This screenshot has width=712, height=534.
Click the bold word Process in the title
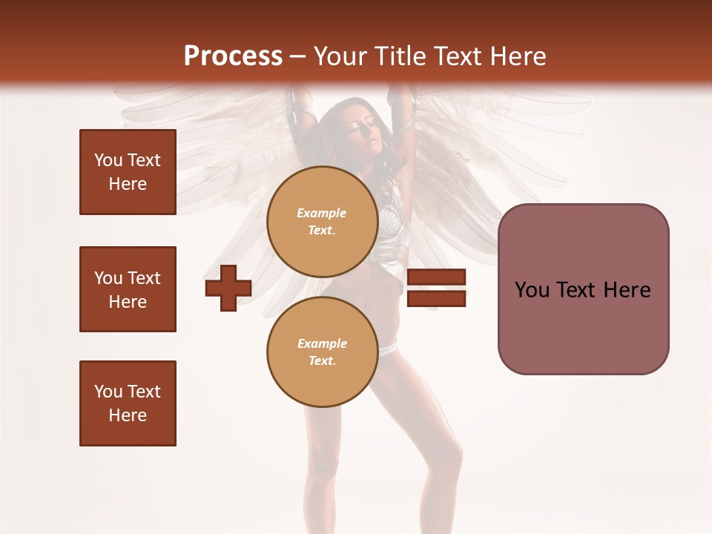pos(233,56)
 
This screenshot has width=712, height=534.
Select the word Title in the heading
pos(400,56)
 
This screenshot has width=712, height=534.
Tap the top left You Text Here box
pos(128,172)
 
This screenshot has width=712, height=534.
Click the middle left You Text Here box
pos(128,289)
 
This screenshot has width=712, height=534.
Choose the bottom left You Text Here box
pos(128,403)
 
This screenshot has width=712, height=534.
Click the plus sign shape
pos(228,289)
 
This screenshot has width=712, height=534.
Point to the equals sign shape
pos(436,288)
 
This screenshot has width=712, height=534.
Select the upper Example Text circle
pos(322,221)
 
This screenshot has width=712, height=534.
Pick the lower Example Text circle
pos(322,352)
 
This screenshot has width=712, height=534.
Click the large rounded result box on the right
pos(583,289)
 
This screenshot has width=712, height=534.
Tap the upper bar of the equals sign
pos(436,277)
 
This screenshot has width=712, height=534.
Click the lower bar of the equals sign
pos(436,299)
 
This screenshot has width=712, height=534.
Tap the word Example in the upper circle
pos(322,213)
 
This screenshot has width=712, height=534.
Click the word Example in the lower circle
pos(322,343)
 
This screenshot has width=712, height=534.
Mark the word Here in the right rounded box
pos(627,290)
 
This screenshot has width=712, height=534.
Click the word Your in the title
pos(340,56)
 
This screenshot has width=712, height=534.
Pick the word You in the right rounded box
pos(533,290)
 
